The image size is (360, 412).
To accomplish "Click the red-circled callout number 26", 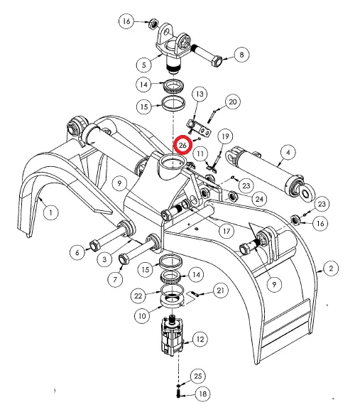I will coord(184,145).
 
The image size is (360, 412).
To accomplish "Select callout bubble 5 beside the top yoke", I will coord(146,65).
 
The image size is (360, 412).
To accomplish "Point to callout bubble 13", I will coord(200,94).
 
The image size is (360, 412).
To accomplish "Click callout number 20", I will coord(231,102).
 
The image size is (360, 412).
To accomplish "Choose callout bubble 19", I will coord(224,136).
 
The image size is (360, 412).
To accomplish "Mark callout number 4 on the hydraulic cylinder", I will coord(288,151).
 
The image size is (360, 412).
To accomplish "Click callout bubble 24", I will coord(259,199).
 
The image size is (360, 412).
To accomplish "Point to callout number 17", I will coord(227,231).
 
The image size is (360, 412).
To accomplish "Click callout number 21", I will coord(220,291).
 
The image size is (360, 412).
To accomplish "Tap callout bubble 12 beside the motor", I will coord(200,340).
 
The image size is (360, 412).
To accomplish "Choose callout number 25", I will coord(198,375).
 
